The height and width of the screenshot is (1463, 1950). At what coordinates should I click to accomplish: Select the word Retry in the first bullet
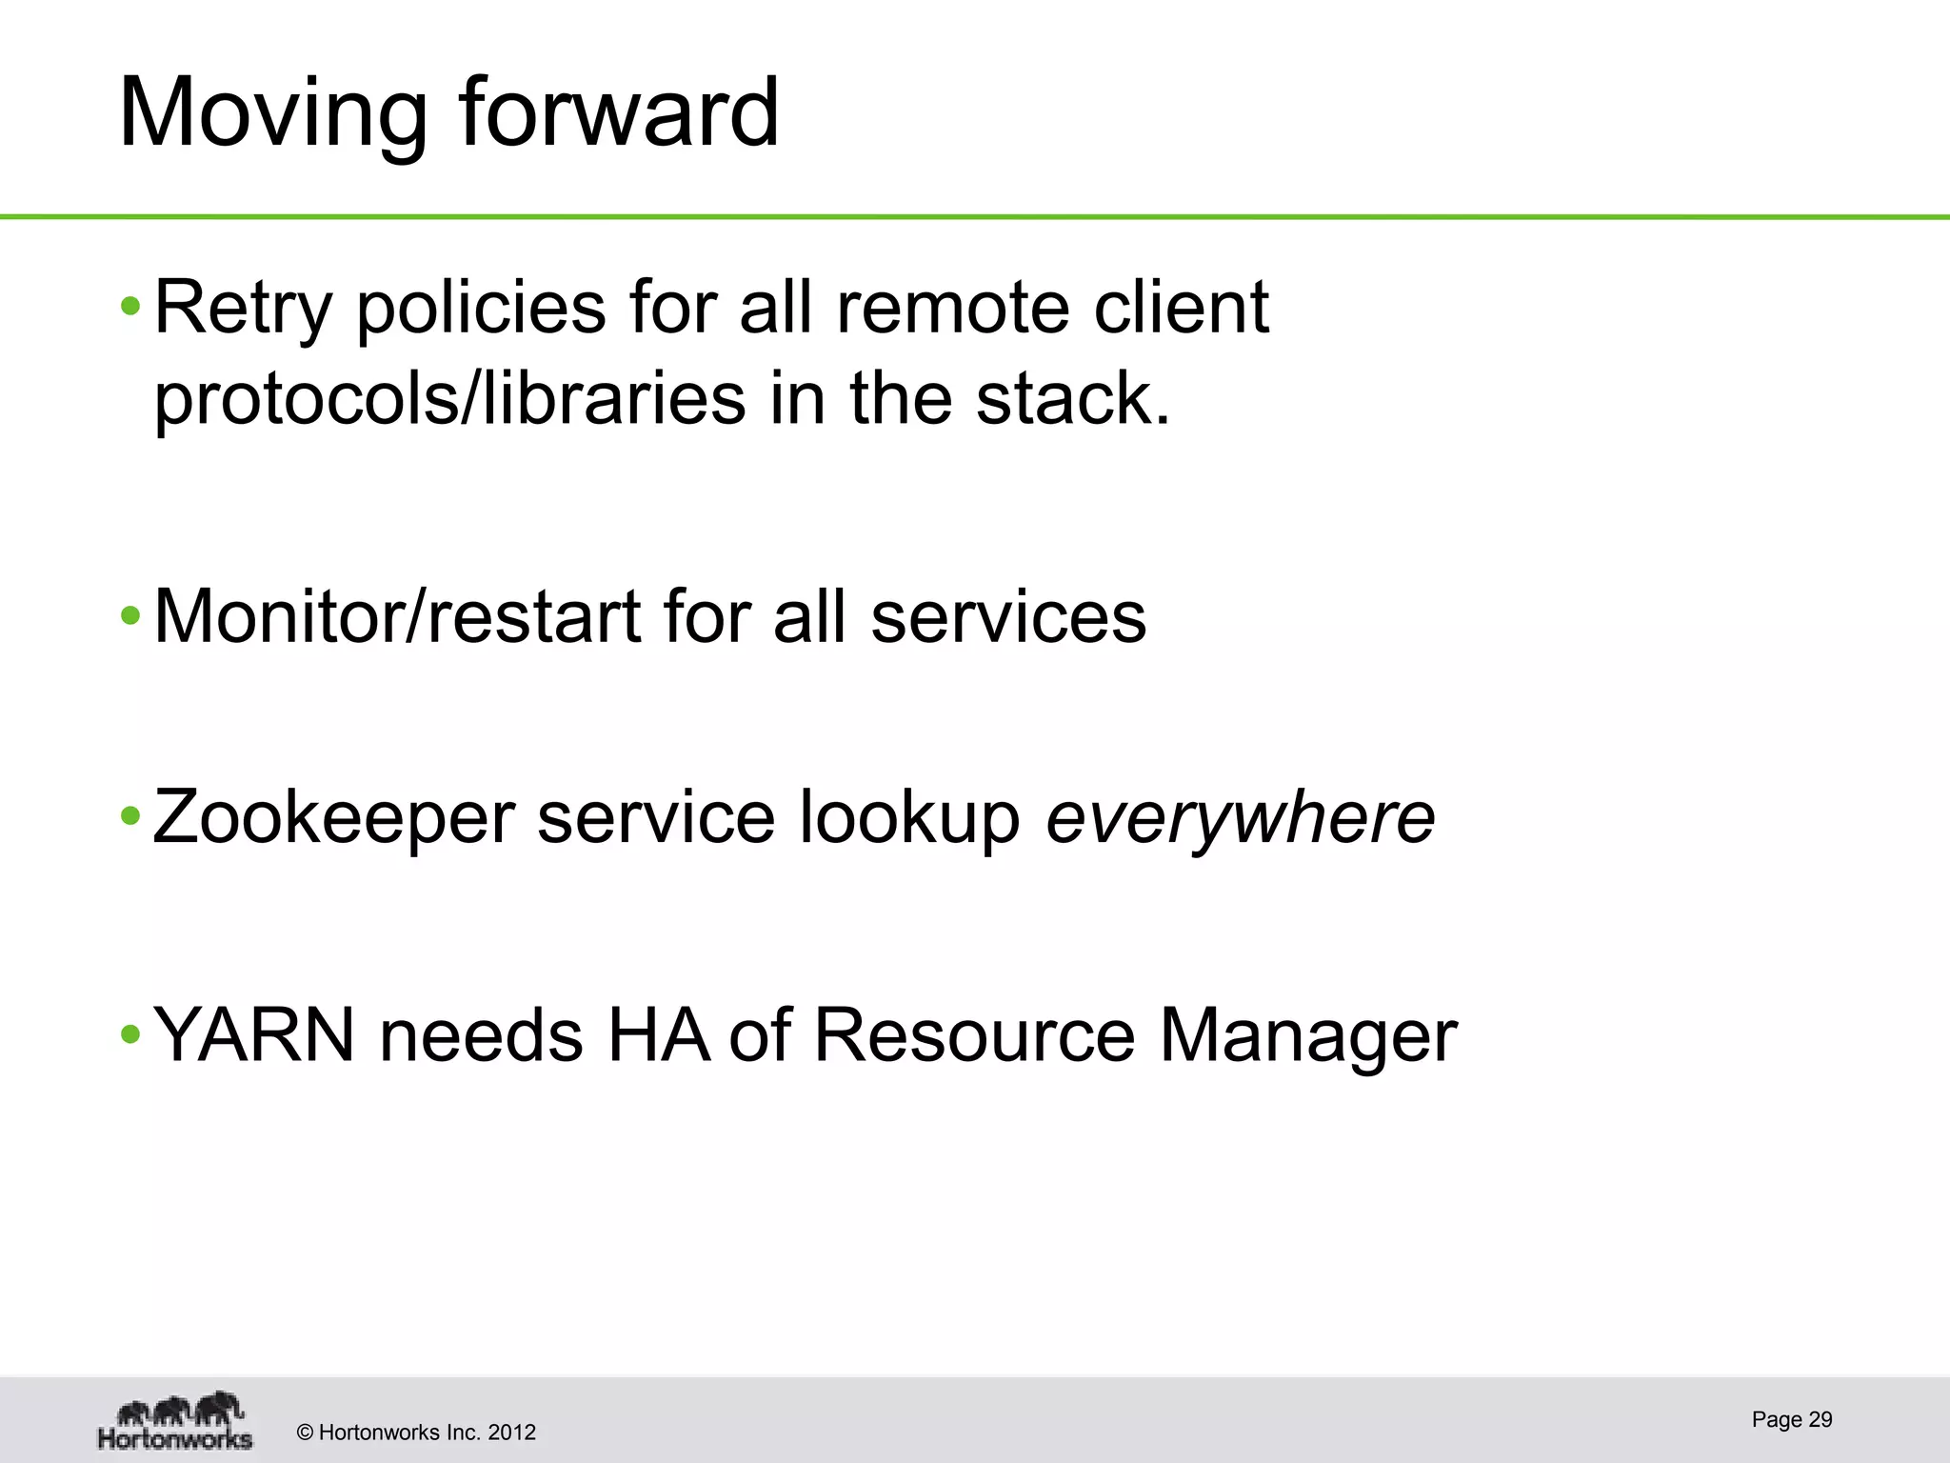(243, 310)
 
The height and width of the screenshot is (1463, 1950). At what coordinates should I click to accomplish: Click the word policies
(481, 310)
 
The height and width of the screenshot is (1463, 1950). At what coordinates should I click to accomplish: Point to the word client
(1181, 308)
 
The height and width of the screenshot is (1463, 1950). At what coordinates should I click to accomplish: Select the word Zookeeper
(333, 818)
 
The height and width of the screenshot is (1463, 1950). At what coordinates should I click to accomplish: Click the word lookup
(909, 818)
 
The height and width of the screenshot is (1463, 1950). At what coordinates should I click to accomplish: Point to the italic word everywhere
(1240, 818)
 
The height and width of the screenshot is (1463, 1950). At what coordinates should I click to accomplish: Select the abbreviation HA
(658, 1035)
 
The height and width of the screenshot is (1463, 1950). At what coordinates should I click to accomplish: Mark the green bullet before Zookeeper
(130, 816)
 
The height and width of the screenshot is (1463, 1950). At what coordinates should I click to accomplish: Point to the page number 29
(1820, 1419)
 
